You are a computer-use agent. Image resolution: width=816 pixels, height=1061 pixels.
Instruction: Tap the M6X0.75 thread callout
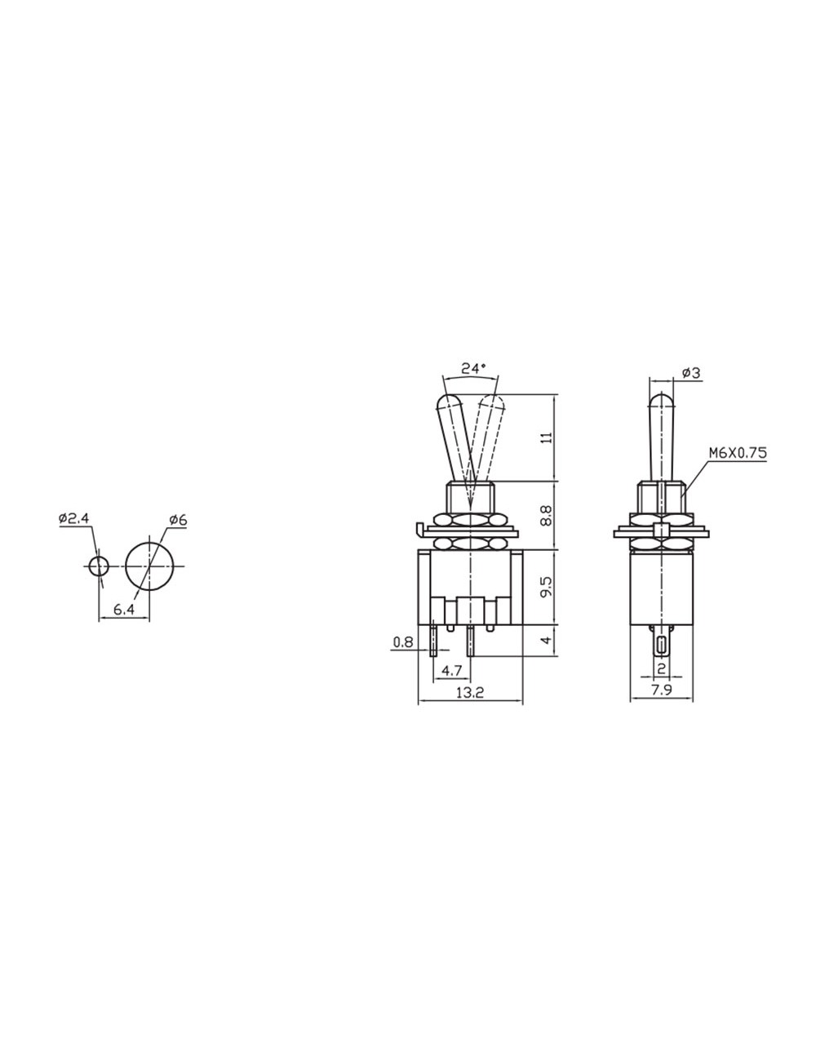point(737,453)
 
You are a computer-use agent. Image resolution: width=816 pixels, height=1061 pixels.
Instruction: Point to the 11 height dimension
point(546,438)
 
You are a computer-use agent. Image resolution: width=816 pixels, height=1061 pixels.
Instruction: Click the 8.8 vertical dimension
point(546,515)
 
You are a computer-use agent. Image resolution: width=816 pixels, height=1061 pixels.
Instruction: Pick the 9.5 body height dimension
point(546,588)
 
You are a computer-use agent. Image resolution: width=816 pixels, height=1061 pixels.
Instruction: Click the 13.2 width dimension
point(470,693)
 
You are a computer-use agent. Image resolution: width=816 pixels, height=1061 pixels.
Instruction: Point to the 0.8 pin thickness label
point(402,642)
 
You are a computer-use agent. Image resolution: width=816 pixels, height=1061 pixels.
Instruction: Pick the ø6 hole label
point(179,520)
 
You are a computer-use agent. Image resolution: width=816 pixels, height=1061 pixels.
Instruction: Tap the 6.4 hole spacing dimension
point(123,610)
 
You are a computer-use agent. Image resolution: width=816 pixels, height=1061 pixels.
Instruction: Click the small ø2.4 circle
point(99,566)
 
